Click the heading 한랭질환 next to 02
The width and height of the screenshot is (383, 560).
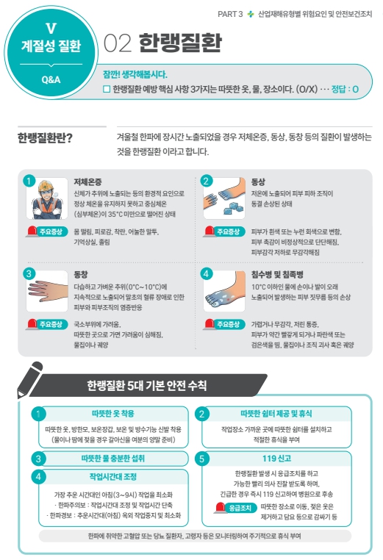tap(180, 43)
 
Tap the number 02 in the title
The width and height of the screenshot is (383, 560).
tap(118, 43)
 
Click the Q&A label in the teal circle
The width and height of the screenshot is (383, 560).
tap(51, 79)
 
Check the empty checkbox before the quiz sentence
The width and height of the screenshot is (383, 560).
tap(107, 89)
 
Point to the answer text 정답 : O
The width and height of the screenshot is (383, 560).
tap(345, 89)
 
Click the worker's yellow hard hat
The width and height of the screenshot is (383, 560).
tap(46, 185)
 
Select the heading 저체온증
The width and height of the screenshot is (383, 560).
tap(87, 182)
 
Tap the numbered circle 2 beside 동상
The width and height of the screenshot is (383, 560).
tap(206, 181)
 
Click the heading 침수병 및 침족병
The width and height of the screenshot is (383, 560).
tap(277, 274)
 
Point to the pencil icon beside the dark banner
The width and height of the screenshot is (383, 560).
tap(29, 380)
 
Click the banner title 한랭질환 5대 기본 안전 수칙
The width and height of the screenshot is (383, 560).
tap(147, 385)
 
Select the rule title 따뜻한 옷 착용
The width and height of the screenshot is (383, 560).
tap(113, 414)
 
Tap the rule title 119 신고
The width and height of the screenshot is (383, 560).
tap(276, 458)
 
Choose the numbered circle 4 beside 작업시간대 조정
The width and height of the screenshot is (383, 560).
tap(38, 477)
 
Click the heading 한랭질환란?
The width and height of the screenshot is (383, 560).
tap(45, 138)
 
